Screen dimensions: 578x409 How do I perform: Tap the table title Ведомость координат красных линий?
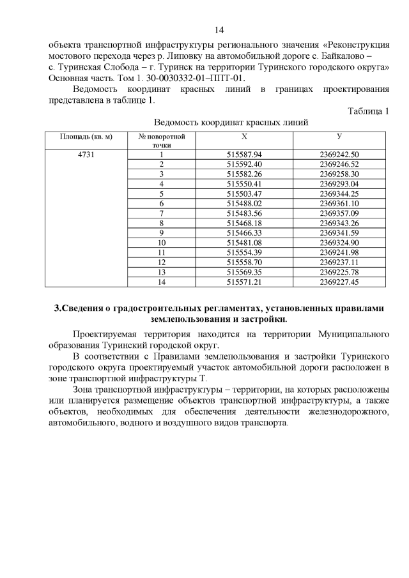point(231,123)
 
